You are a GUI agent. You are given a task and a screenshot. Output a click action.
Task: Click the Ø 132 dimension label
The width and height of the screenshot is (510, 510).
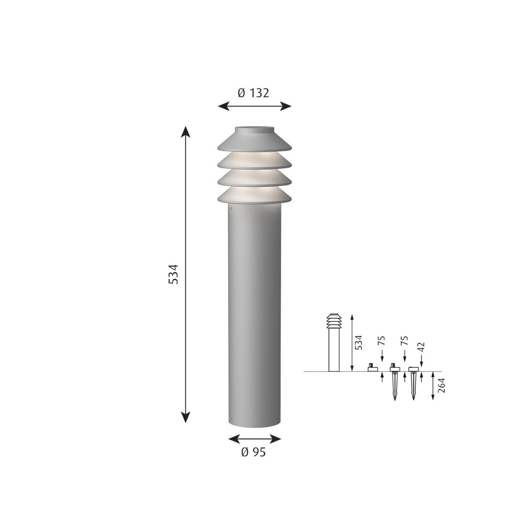[253, 93]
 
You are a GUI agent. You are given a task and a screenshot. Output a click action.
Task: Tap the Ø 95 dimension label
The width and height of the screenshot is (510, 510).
[253, 452]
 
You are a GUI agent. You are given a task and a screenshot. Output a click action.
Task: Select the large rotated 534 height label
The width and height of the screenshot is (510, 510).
[173, 274]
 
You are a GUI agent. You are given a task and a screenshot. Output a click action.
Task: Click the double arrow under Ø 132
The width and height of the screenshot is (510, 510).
[255, 106]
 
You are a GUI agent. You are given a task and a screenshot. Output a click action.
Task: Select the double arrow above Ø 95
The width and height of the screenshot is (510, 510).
[255, 438]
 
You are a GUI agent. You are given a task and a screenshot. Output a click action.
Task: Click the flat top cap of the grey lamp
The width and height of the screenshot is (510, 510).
[254, 128]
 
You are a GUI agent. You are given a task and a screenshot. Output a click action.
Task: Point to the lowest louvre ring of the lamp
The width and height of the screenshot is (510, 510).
[254, 196]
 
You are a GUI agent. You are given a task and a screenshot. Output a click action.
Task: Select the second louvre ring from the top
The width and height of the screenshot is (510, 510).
[254, 161]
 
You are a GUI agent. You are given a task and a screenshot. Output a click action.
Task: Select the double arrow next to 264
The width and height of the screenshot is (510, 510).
[432, 386]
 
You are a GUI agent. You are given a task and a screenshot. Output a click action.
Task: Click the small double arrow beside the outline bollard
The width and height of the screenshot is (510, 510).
[351, 343]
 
